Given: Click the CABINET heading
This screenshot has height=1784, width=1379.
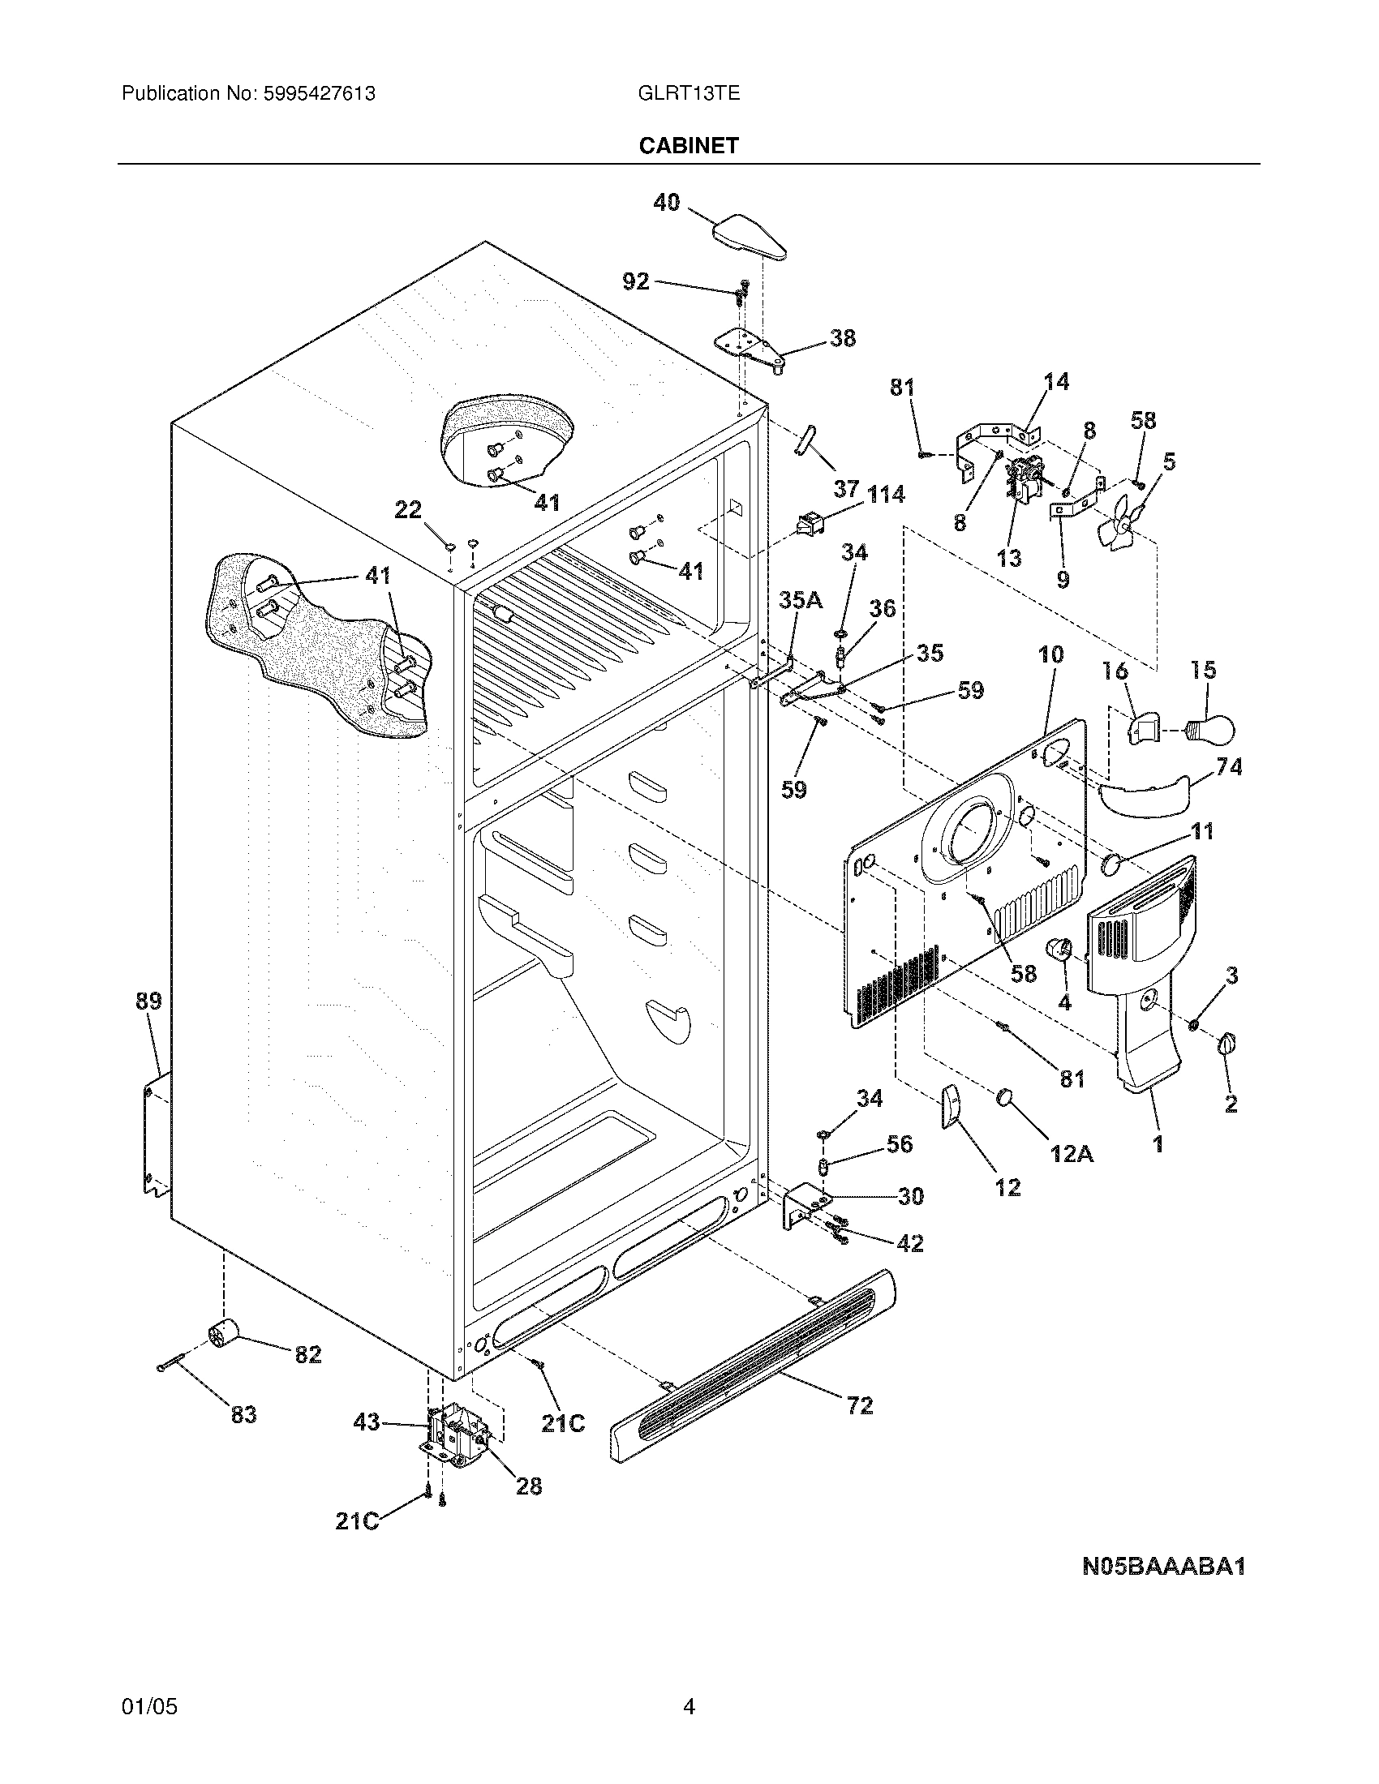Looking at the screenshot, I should pos(689,145).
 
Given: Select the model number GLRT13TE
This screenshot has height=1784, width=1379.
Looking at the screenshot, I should pos(689,93).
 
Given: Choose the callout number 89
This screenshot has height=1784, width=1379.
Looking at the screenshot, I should pos(148,1001).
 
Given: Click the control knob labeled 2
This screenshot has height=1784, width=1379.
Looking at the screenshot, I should pos(1226,1043).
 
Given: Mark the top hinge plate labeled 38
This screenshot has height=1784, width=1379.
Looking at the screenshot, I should pos(754,349).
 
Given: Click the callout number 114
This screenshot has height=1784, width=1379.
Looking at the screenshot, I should pos(886,494).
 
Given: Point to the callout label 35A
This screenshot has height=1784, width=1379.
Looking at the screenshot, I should pos(800,600).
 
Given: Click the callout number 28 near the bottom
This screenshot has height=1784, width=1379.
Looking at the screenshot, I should pos(530,1485).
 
